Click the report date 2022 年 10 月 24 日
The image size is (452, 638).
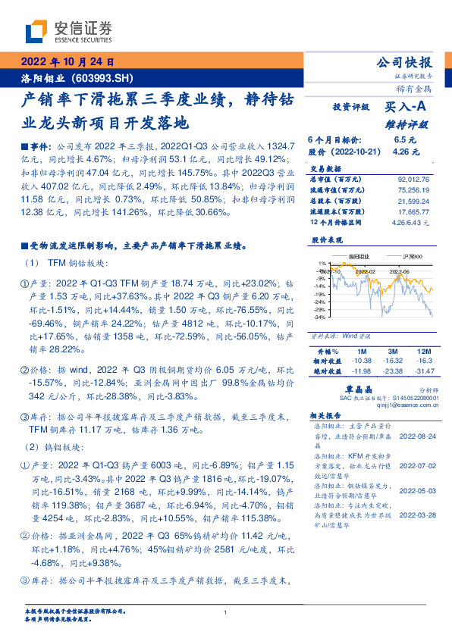click(x=67, y=63)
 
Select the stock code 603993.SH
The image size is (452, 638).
click(x=105, y=78)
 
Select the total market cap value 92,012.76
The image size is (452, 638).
click(x=413, y=179)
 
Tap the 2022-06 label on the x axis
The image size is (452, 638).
click(x=399, y=270)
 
